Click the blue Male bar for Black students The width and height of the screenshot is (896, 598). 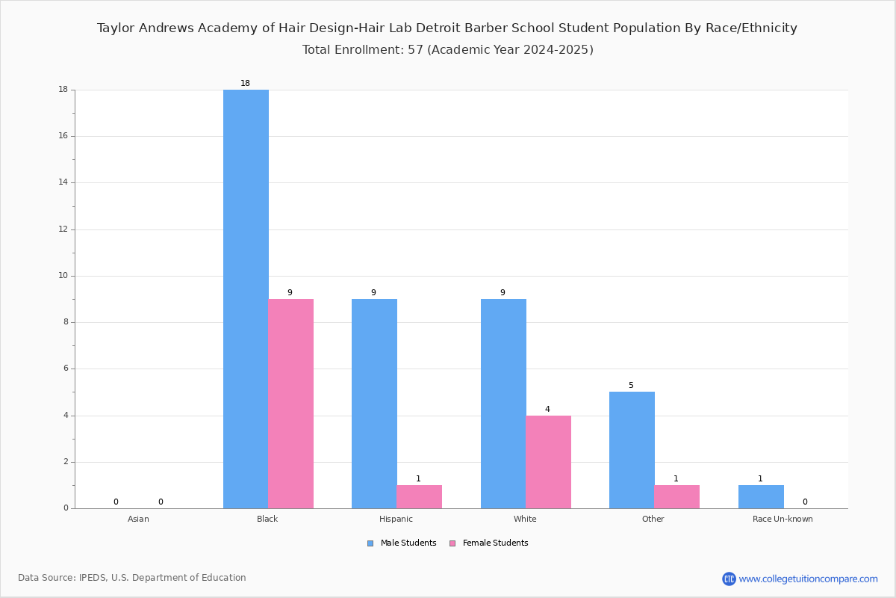pos(246,299)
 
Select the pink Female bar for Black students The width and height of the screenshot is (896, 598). pos(290,404)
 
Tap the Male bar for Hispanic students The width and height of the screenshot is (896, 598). pos(374,404)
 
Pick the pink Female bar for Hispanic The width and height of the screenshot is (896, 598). pos(419,497)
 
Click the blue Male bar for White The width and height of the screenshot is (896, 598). pos(503,404)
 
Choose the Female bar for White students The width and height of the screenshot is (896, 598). pos(548,462)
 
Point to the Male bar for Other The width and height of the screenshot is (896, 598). pos(632,450)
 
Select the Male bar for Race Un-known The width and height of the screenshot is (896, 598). pos(761,497)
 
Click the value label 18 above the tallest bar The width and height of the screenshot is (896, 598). pos(245,83)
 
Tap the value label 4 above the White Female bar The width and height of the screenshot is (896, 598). pos(547,409)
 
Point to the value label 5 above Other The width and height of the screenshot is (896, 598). pos(631,385)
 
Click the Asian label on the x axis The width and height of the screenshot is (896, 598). pos(138,519)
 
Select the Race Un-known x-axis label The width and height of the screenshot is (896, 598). pos(783,519)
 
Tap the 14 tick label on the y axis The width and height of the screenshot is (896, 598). pos(63,182)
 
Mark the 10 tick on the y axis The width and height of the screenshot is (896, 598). pos(63,276)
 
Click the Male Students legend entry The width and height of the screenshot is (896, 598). pos(402,543)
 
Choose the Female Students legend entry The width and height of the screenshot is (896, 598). pos(489,543)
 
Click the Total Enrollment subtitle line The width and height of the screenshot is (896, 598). pos(447,49)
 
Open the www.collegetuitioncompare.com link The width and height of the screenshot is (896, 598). pos(808,579)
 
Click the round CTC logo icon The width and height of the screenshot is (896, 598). pos(729,579)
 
